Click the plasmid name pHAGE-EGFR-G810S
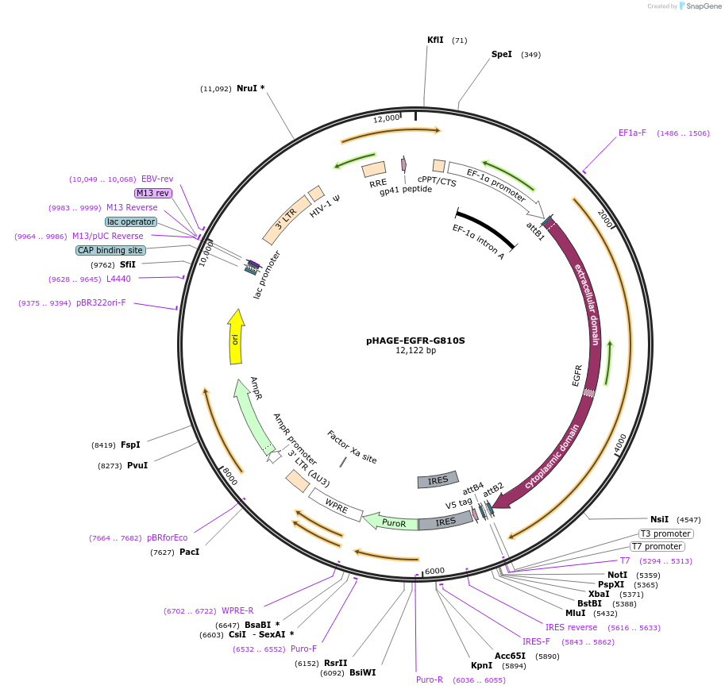tap(415, 341)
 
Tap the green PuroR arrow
tap(391, 522)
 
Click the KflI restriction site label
tap(435, 40)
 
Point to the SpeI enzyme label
tap(502, 55)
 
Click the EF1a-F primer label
tap(632, 133)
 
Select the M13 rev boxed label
tap(152, 193)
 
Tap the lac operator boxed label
tap(131, 221)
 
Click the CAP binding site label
tap(110, 250)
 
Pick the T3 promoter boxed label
tap(665, 533)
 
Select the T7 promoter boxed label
tap(657, 546)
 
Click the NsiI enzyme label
tap(659, 519)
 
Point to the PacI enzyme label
tap(189, 552)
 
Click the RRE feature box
tap(374, 169)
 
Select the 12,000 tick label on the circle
tap(387, 118)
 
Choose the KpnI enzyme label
tap(481, 666)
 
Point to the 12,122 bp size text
tap(415, 350)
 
